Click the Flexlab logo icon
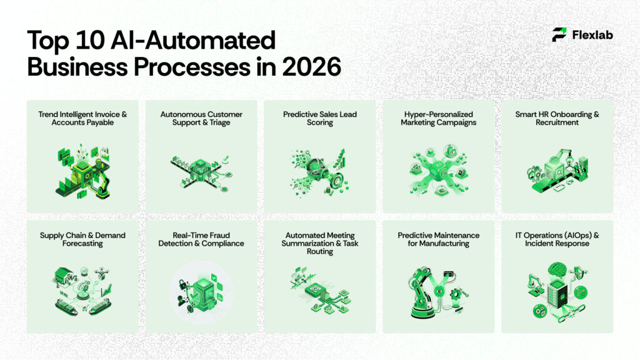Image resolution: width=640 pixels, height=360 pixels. click(x=559, y=35)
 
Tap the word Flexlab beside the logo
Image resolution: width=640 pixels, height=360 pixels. click(x=592, y=35)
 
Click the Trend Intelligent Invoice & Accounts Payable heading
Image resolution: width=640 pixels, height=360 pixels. click(x=82, y=119)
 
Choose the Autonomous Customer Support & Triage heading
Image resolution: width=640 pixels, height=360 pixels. click(x=201, y=119)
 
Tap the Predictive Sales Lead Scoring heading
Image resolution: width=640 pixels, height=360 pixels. click(x=320, y=119)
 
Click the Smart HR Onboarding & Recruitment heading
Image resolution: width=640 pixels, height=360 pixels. click(x=557, y=119)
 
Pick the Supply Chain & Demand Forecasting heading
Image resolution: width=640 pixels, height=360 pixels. click(x=82, y=239)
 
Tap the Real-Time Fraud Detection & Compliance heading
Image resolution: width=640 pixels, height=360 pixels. click(x=201, y=239)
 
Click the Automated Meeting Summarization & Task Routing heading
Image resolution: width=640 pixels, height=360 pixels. click(x=320, y=244)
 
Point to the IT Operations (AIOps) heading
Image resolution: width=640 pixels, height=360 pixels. click(x=557, y=235)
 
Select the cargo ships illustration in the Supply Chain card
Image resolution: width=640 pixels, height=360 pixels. click(x=81, y=306)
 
